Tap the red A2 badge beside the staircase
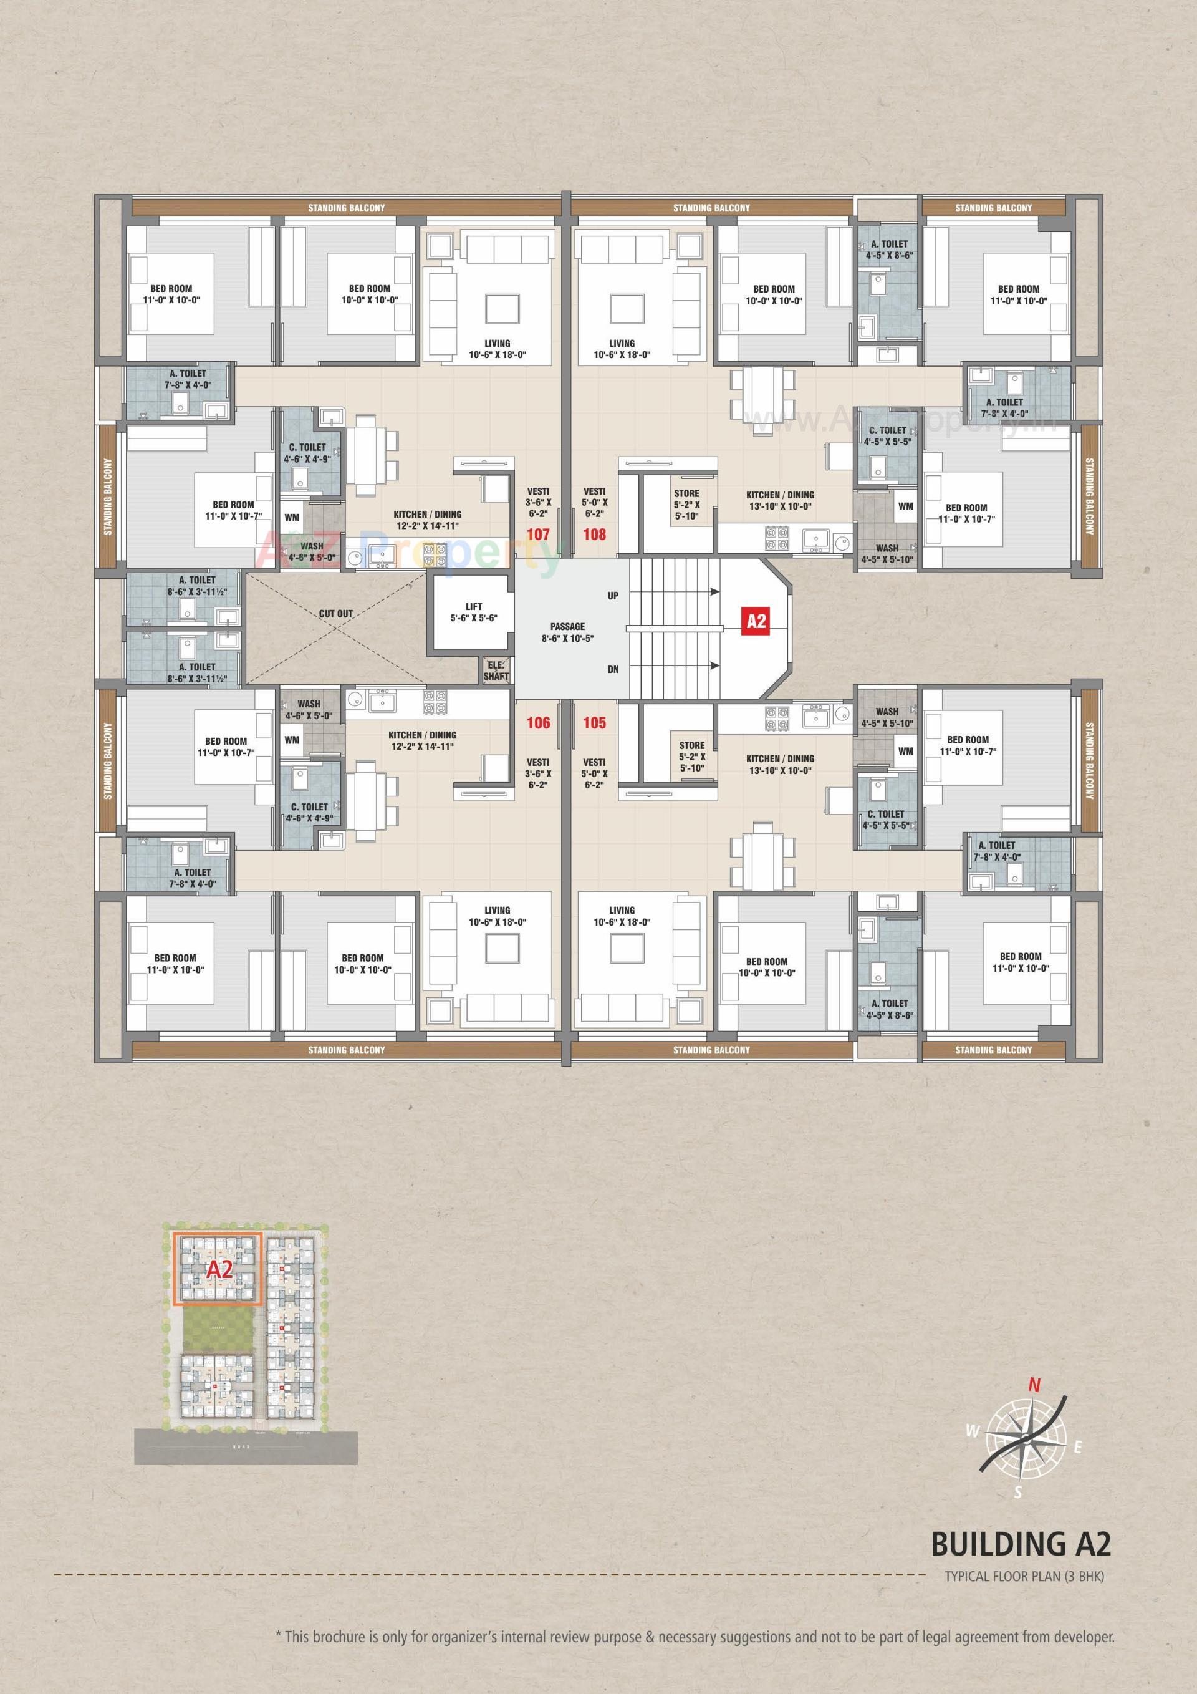tap(757, 621)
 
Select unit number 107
tap(537, 533)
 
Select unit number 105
tap(594, 722)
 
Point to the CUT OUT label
tap(335, 613)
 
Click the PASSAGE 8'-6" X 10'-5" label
tap(567, 632)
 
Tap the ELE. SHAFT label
tap(496, 670)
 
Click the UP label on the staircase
tap(613, 596)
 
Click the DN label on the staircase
tap(613, 669)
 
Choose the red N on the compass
tap(1034, 1385)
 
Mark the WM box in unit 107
tap(292, 518)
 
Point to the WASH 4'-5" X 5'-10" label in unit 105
tap(887, 717)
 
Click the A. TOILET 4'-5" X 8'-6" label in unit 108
tap(889, 249)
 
